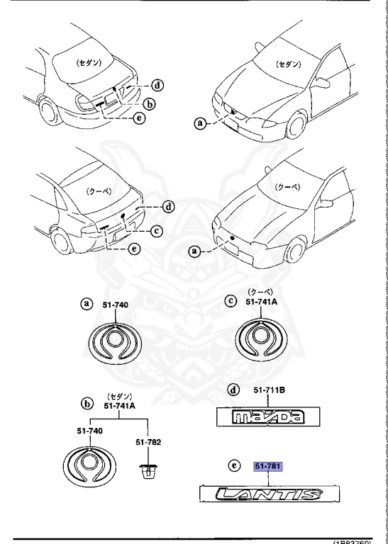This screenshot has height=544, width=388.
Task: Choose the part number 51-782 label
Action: [x=150, y=442]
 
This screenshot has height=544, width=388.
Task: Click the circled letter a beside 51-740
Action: [x=87, y=304]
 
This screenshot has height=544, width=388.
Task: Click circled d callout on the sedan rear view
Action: [x=157, y=86]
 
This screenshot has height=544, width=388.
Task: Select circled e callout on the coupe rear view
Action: [x=135, y=248]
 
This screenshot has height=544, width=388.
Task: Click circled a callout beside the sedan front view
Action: [x=201, y=123]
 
